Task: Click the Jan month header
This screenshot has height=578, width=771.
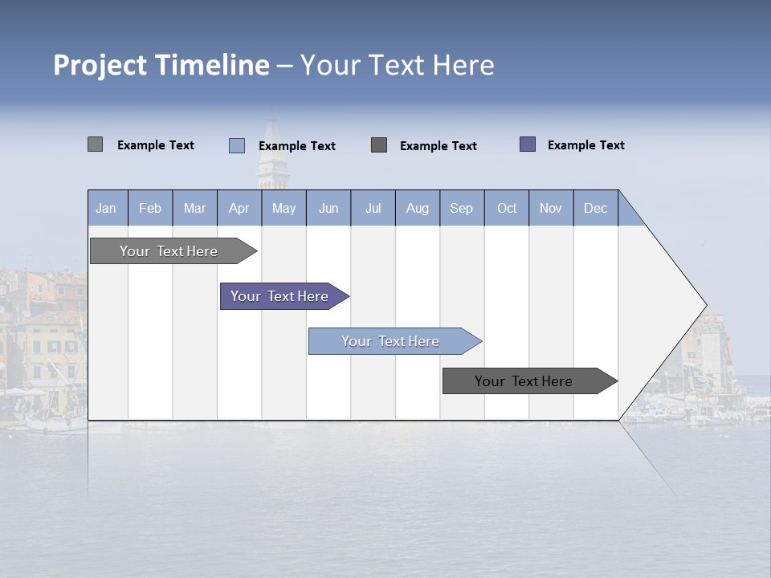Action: point(107,208)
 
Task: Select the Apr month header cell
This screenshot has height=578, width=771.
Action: point(239,208)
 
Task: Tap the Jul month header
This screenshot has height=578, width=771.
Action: point(373,208)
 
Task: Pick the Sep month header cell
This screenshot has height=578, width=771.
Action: point(462,208)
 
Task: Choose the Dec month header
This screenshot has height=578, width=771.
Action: point(595,208)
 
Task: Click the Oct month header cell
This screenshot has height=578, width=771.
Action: point(507,208)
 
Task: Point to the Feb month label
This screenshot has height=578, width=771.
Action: point(150,208)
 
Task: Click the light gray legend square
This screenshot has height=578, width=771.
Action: point(95,144)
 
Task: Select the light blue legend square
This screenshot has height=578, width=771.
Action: point(236,145)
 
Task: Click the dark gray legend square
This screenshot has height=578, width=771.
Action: point(379,145)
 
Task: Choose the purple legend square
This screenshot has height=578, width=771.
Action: point(527,144)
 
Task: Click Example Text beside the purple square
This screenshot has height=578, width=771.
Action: point(585,145)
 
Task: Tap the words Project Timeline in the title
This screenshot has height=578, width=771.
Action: point(161,65)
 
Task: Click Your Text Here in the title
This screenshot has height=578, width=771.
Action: point(397,65)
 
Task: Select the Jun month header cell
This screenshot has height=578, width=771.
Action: point(328,208)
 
